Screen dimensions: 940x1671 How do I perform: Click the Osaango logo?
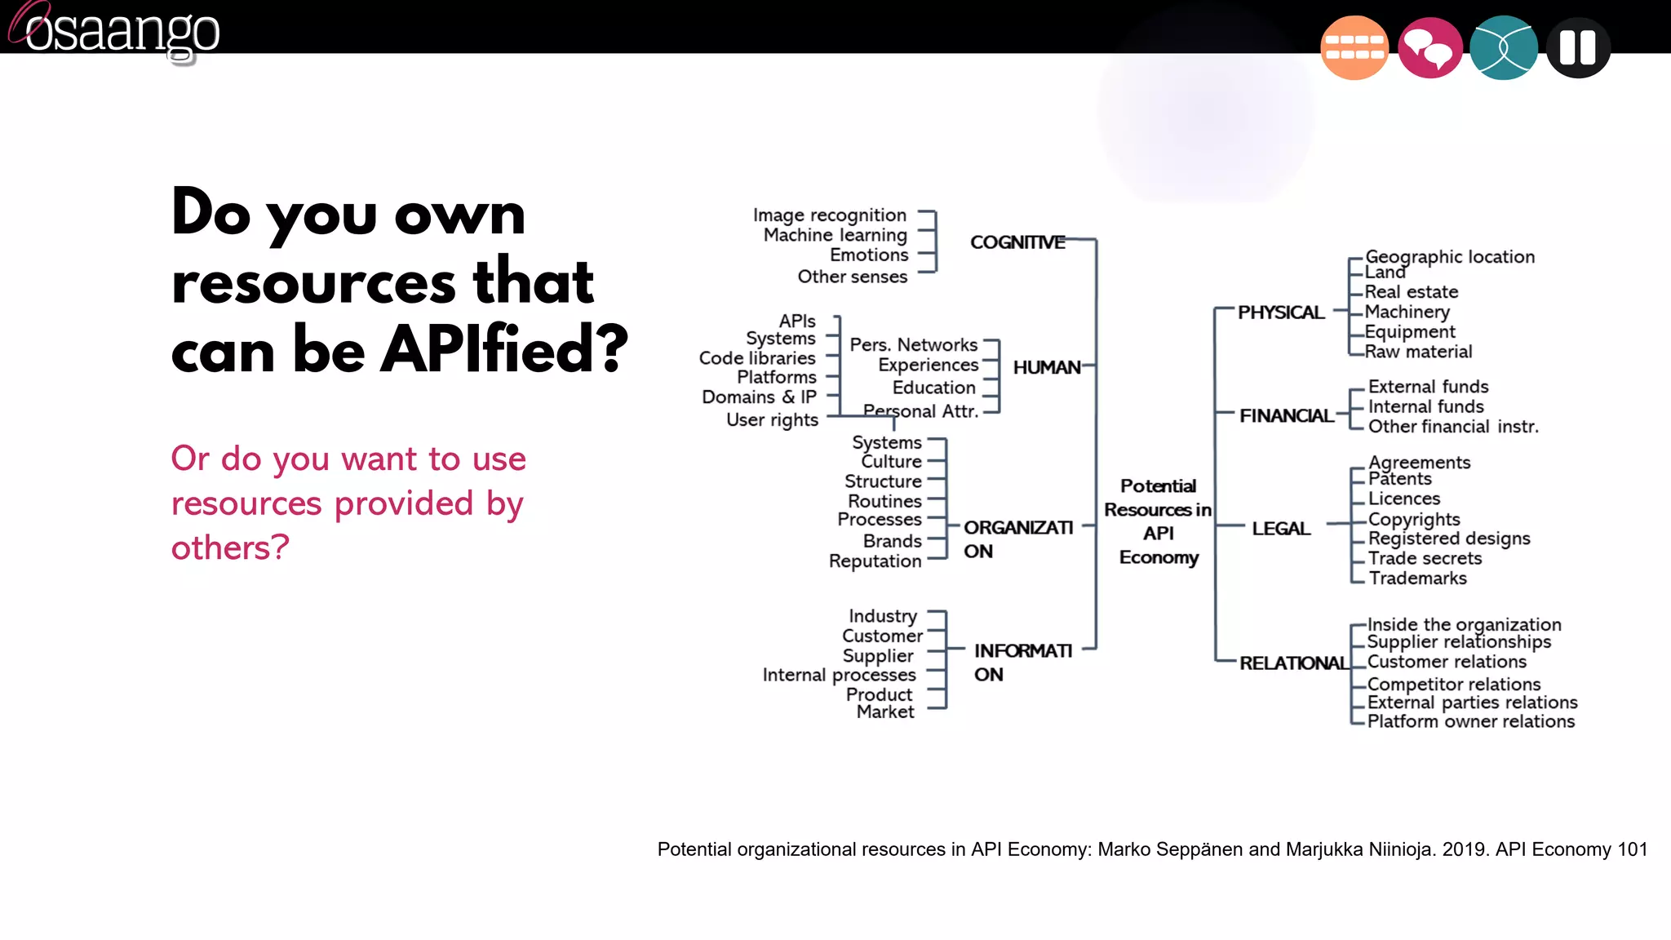(x=114, y=31)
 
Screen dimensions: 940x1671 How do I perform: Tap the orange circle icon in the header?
(x=1354, y=47)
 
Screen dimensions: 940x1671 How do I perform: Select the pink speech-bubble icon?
(x=1429, y=47)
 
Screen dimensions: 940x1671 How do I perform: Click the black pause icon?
(x=1577, y=47)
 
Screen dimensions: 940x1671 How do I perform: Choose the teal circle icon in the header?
(x=1503, y=47)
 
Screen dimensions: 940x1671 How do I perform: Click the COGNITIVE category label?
(x=1017, y=242)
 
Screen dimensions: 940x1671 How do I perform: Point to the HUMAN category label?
(x=1046, y=368)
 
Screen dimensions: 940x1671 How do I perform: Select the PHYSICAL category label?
(x=1280, y=313)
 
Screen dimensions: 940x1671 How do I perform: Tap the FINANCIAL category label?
(x=1286, y=416)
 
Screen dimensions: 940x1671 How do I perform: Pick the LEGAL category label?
(x=1281, y=529)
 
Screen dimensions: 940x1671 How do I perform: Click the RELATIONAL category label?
(x=1293, y=663)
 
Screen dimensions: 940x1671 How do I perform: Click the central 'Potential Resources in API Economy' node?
(x=1158, y=521)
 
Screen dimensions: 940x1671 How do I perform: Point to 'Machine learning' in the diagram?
(x=835, y=235)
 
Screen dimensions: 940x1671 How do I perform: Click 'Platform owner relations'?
(x=1470, y=721)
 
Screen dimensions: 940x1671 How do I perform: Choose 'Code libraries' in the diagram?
(x=756, y=358)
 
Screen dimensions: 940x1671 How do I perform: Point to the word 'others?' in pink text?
(x=230, y=548)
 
